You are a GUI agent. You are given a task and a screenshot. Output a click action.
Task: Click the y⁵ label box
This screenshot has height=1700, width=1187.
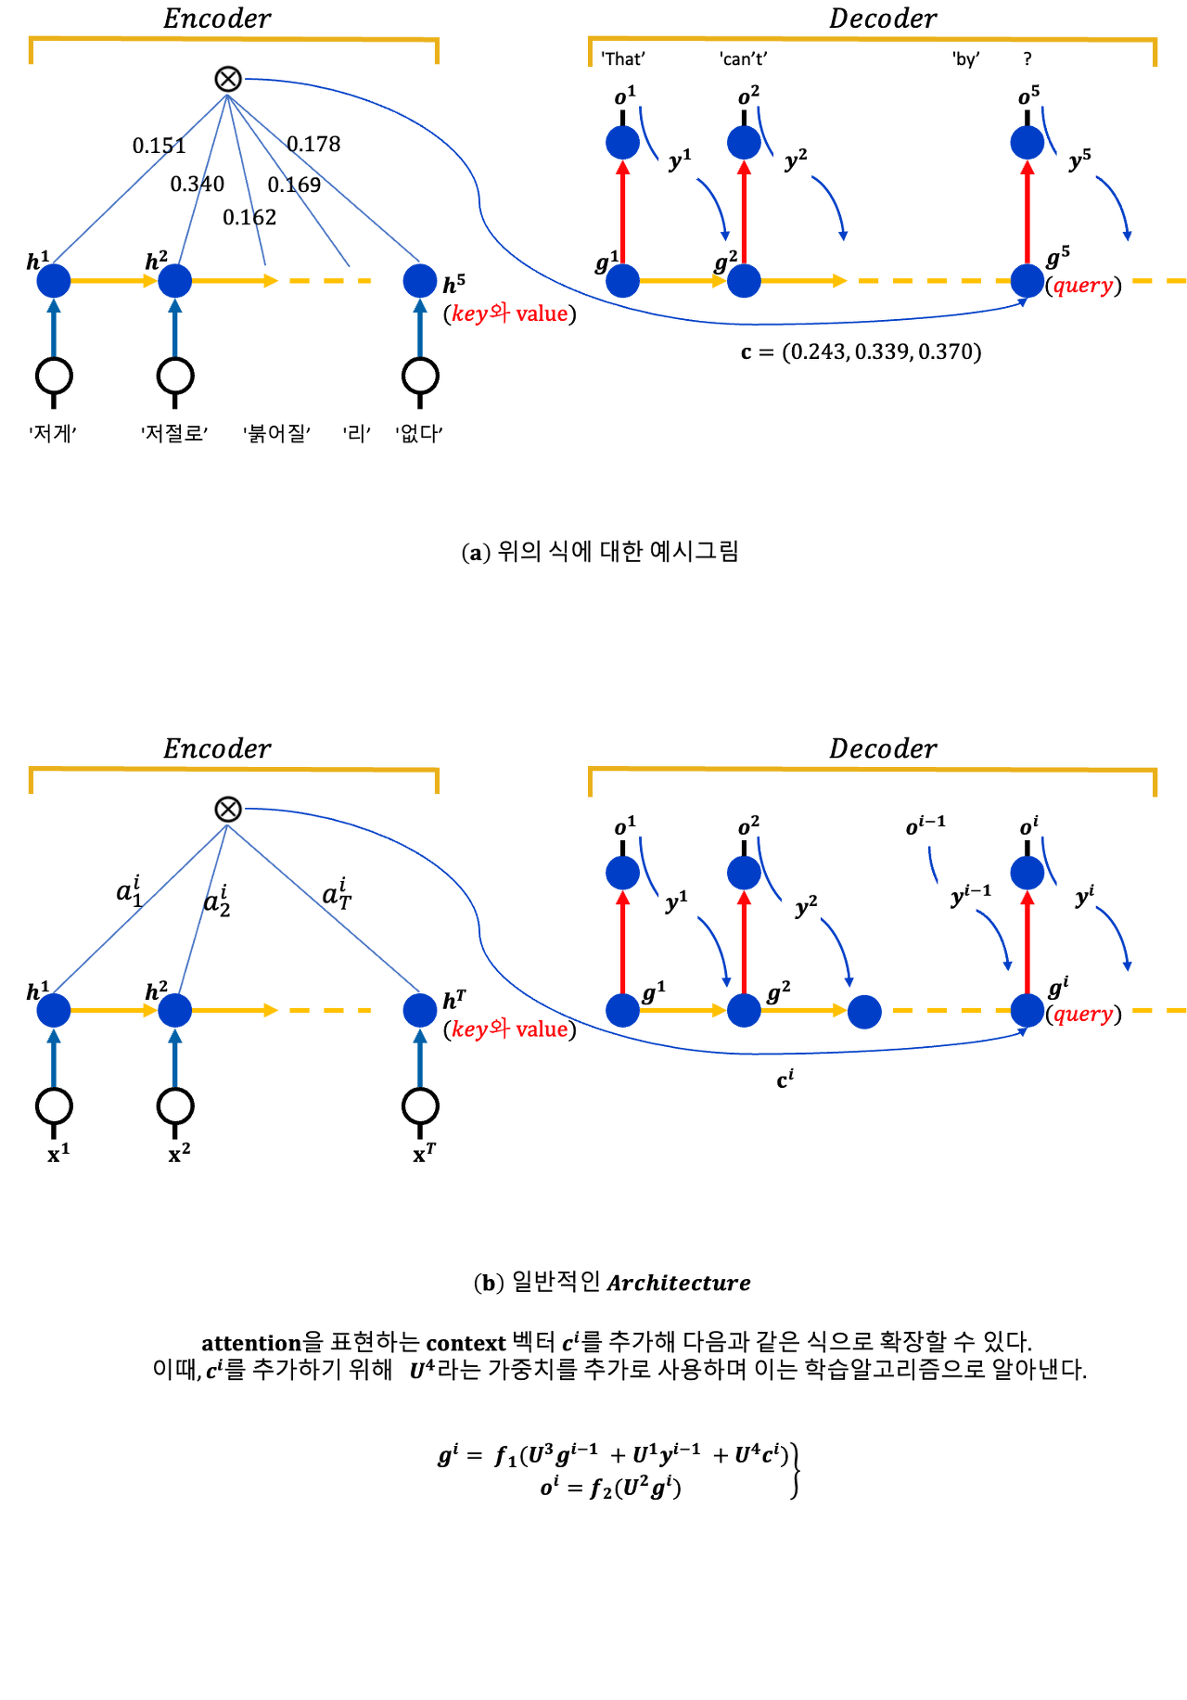tap(1077, 160)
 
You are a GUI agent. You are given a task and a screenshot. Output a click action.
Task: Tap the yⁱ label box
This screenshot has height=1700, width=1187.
tap(1077, 891)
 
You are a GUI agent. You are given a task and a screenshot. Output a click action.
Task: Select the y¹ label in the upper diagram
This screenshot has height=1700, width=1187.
tap(678, 160)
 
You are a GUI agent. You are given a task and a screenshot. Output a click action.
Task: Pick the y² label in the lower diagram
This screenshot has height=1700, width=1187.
tap(801, 901)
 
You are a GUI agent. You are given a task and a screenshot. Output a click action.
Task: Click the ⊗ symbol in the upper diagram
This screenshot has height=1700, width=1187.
tap(228, 79)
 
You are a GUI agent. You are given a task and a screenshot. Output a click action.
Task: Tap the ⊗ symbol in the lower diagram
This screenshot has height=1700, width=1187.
tap(228, 809)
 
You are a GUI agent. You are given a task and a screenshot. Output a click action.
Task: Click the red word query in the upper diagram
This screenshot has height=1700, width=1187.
tap(1083, 287)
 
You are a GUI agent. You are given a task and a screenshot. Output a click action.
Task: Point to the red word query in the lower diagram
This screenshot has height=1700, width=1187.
tap(1083, 1016)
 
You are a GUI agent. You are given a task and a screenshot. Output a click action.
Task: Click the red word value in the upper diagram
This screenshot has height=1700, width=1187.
tap(542, 314)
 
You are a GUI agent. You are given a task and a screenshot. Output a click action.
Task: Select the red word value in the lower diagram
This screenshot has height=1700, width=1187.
tap(542, 1029)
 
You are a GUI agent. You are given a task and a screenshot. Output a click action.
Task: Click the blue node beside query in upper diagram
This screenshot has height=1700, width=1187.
tap(1027, 280)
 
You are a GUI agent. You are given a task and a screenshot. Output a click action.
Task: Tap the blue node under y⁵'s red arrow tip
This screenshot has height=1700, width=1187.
tap(1027, 142)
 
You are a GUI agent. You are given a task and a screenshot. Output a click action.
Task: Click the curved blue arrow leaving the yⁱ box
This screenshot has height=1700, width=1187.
tap(1117, 937)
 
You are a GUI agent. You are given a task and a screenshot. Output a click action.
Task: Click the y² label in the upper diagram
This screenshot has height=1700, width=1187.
tap(793, 160)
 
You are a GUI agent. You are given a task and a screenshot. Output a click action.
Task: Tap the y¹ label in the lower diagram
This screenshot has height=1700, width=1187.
tap(676, 901)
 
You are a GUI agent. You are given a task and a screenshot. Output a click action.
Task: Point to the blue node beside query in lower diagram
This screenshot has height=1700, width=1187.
tap(1027, 1010)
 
